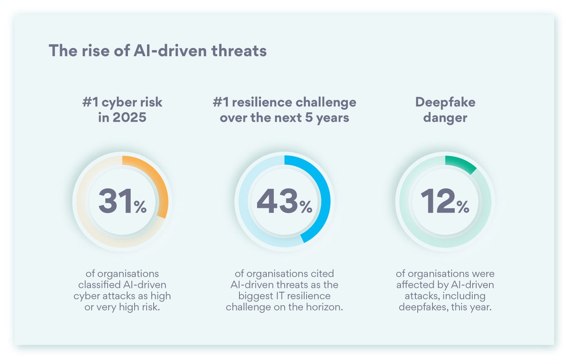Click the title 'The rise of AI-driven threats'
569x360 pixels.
coord(157,51)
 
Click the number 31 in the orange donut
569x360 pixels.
coord(115,201)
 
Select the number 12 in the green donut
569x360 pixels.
coord(437,201)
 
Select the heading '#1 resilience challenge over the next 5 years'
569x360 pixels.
coord(284,110)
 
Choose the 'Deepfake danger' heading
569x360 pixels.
coord(445,110)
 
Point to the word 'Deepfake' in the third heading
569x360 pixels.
coord(445,102)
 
